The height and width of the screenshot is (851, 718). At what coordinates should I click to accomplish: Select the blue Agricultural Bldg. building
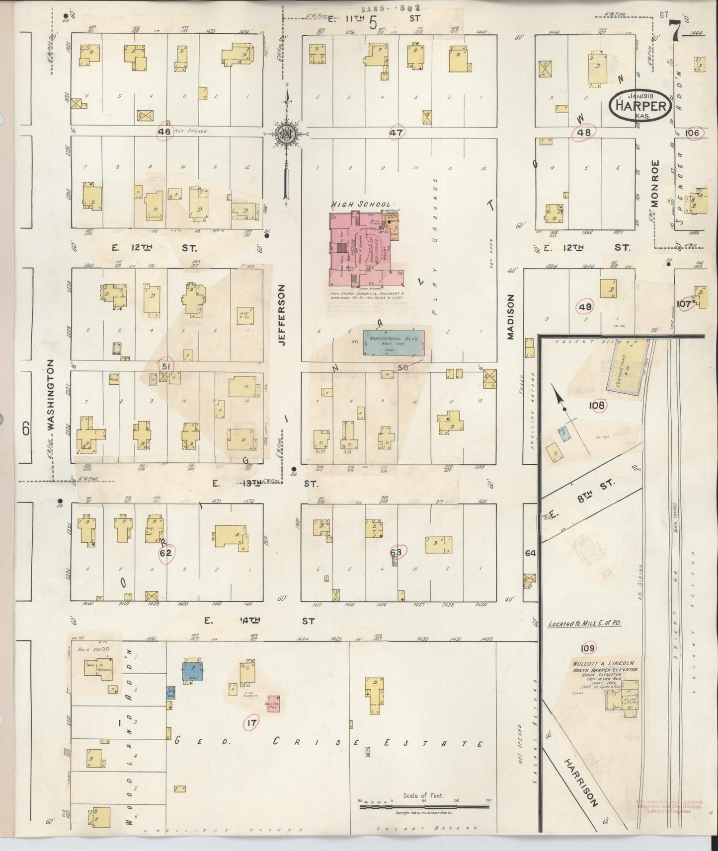(x=394, y=343)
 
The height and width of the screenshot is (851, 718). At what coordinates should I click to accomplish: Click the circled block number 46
(x=164, y=132)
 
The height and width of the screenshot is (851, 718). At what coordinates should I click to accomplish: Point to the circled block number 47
(x=396, y=133)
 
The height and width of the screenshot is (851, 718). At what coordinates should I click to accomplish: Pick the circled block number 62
(x=165, y=552)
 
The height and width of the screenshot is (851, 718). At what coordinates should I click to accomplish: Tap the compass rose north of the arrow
(x=287, y=133)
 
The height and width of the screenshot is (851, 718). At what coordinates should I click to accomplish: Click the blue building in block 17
(x=192, y=670)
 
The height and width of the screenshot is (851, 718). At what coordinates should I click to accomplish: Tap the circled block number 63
(x=397, y=551)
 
